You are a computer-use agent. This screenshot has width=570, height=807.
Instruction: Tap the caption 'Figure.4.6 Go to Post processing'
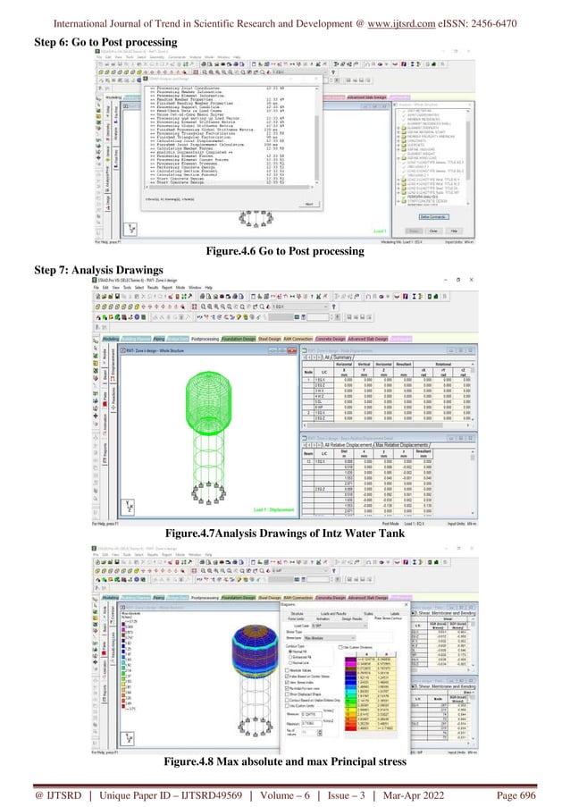pyautogui.click(x=284, y=252)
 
